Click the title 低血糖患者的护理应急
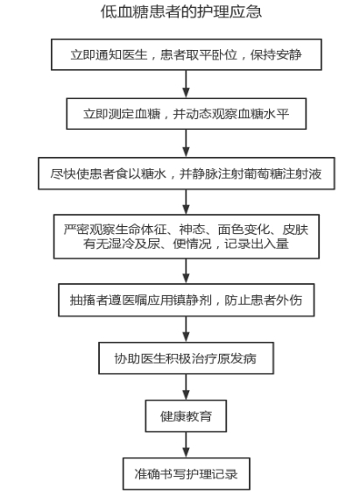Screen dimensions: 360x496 (x=181, y=11)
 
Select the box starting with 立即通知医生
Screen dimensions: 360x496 (x=187, y=54)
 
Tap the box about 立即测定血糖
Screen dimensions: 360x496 (x=187, y=114)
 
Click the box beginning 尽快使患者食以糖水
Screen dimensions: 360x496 (x=187, y=174)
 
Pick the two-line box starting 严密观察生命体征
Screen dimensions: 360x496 (x=187, y=237)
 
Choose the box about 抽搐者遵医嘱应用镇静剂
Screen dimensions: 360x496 (x=187, y=300)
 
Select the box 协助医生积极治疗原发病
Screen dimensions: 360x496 (x=186, y=358)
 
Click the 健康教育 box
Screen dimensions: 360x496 (x=186, y=416)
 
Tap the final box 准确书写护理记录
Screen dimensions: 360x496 (x=187, y=474)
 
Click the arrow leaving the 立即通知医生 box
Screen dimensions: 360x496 (x=187, y=84)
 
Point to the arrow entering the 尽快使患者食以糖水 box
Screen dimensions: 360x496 (x=187, y=144)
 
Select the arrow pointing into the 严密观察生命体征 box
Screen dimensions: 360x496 (x=187, y=202)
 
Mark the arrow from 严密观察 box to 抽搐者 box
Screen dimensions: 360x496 (x=187, y=271)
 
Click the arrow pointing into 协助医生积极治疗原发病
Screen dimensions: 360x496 (x=187, y=329)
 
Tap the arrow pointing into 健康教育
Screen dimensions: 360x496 (x=187, y=386)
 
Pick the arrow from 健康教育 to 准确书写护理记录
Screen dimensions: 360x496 (x=187, y=445)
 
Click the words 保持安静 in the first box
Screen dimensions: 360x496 (x=276, y=54)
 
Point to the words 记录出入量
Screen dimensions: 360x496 (x=257, y=244)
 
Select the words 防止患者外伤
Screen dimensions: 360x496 (x=264, y=300)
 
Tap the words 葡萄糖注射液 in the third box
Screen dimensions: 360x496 (x=283, y=174)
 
